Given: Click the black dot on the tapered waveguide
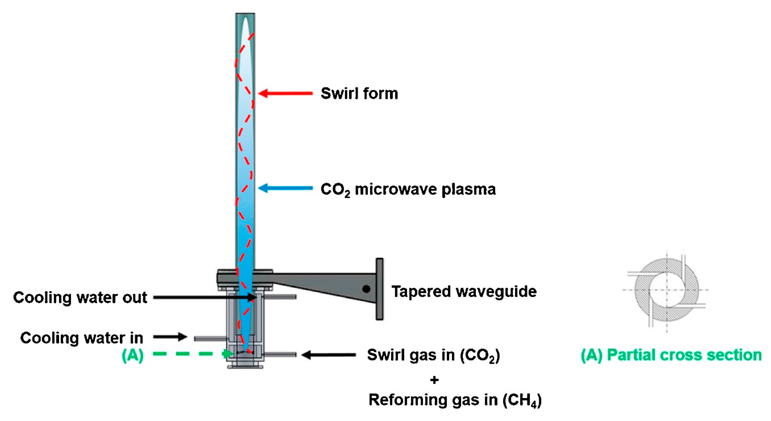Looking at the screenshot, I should (x=366, y=289).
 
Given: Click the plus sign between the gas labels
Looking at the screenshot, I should (x=434, y=380).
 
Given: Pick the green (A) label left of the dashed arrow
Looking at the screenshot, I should (x=133, y=355).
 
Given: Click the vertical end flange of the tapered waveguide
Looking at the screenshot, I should (x=380, y=289).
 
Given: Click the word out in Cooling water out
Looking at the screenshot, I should (x=135, y=298).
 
